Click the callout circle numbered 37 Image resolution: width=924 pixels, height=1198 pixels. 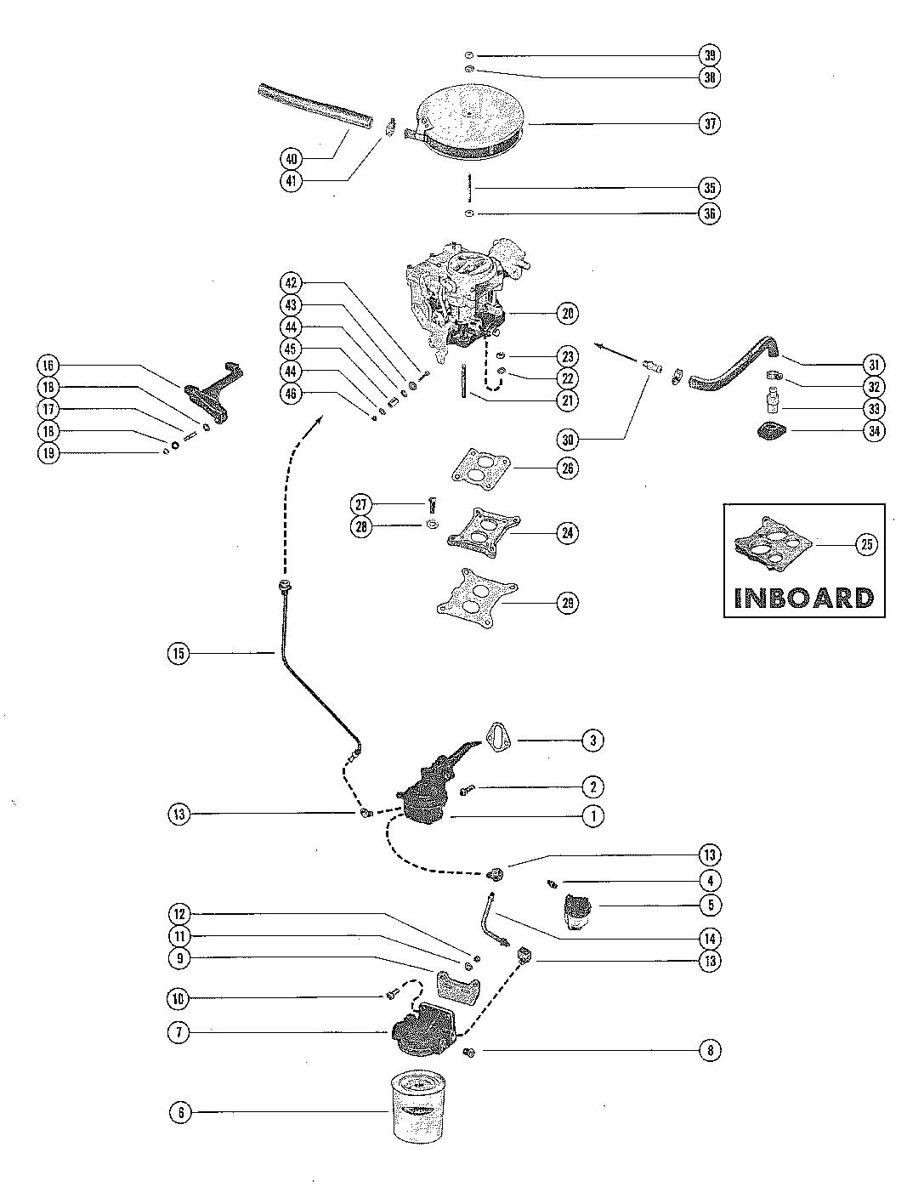[x=710, y=123]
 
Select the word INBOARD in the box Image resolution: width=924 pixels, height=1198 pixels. [x=803, y=597]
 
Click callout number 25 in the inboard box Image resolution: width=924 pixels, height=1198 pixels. [x=865, y=545]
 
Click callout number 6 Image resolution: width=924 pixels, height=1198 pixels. [x=180, y=1112]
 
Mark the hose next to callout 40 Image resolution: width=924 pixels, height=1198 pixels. [x=316, y=106]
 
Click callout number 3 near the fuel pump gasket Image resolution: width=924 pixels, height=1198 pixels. [x=592, y=741]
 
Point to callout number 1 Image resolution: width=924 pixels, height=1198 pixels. [x=592, y=816]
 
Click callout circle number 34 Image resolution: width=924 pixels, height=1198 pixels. [x=874, y=431]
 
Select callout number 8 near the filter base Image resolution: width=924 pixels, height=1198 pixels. [x=710, y=1051]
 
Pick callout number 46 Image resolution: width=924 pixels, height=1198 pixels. [x=292, y=393]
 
